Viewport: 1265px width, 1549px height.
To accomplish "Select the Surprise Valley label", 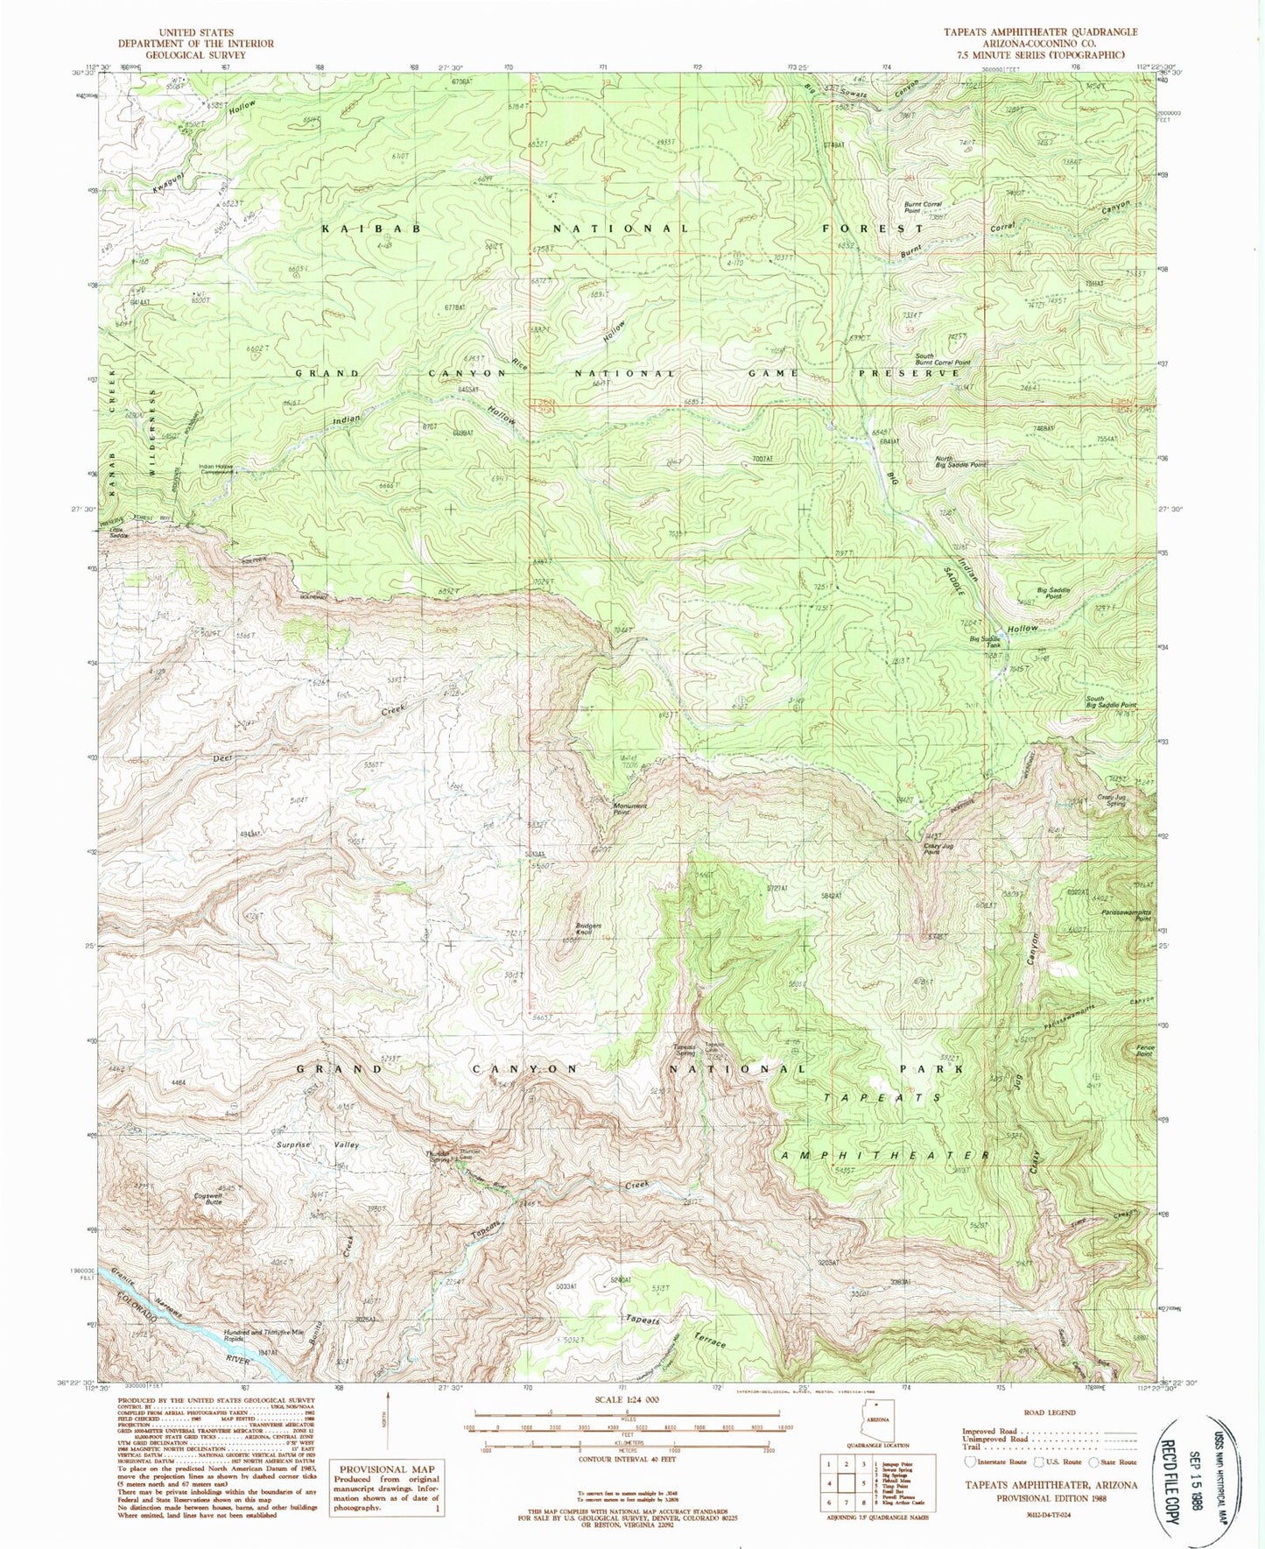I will tap(329, 1144).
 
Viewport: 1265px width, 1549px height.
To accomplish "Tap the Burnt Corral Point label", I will tap(923, 208).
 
